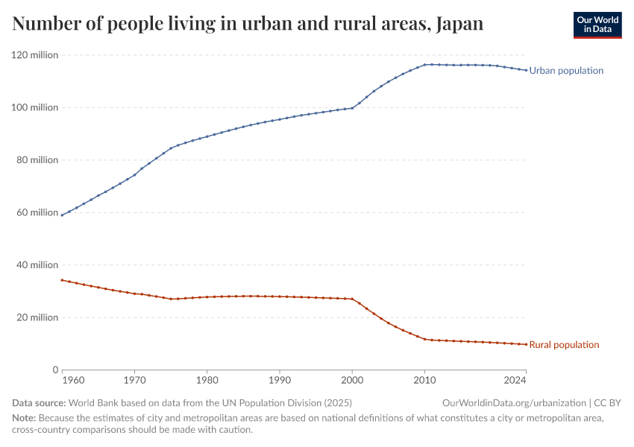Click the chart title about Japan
[x=248, y=24]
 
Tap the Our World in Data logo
[x=597, y=25]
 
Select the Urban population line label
[x=566, y=71]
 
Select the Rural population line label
[x=564, y=345]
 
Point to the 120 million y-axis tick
[x=34, y=55]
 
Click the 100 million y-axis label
[x=34, y=107]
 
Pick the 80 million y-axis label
[x=37, y=160]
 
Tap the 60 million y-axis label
[x=37, y=212]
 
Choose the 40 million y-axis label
[x=37, y=265]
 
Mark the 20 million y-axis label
[x=37, y=317]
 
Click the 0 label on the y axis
[x=54, y=370]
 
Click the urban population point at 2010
[x=425, y=65]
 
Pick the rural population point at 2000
[x=352, y=299]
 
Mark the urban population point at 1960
[x=62, y=215]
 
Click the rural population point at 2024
[x=527, y=344]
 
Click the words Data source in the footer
[x=39, y=403]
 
